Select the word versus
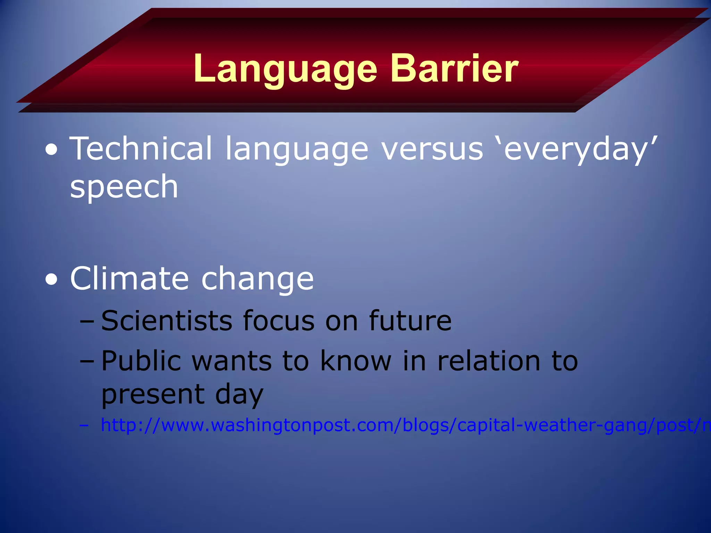[x=432, y=149]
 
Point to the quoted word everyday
[x=576, y=149]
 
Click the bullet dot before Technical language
[x=52, y=150]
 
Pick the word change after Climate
[x=258, y=280]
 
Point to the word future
[x=410, y=321]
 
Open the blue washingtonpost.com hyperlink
[x=382, y=425]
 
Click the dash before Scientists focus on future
[x=86, y=321]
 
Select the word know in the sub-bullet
[x=355, y=361]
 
